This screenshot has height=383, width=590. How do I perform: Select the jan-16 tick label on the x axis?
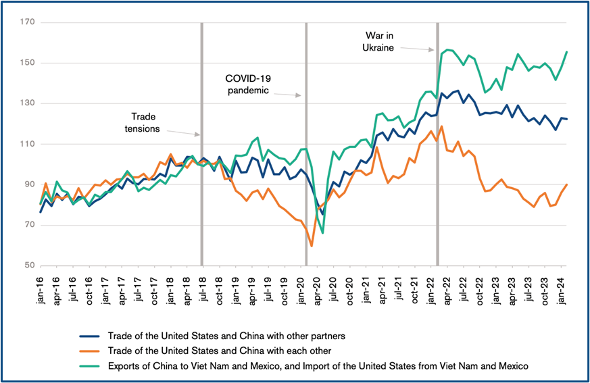pos(41,290)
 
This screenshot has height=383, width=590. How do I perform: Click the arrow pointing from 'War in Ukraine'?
pos(417,47)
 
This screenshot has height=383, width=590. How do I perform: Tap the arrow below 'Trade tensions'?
pos(180,132)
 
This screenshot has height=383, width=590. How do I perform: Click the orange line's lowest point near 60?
pos(311,245)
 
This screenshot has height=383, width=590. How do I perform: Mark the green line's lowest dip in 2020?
pos(323,232)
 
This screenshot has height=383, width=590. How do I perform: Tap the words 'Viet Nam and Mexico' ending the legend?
pos(483,365)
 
